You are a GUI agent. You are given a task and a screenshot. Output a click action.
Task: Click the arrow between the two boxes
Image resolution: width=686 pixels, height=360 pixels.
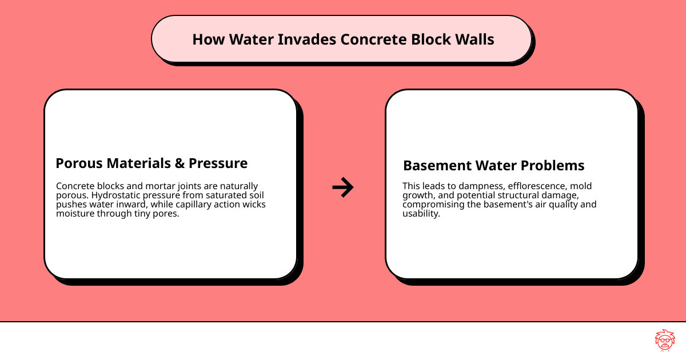[x=343, y=187]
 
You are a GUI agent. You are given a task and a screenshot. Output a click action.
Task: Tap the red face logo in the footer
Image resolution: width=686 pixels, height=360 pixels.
[x=664, y=341]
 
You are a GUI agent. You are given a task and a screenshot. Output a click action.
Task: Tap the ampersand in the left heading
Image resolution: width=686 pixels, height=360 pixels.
[x=180, y=163]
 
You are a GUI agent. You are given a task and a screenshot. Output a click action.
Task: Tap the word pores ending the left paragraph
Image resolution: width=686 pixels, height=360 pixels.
[x=166, y=214]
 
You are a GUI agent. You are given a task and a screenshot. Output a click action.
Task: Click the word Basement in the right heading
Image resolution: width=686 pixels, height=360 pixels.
[x=434, y=166]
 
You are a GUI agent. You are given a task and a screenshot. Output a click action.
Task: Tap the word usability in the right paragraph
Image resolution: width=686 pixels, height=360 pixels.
[x=421, y=214]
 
